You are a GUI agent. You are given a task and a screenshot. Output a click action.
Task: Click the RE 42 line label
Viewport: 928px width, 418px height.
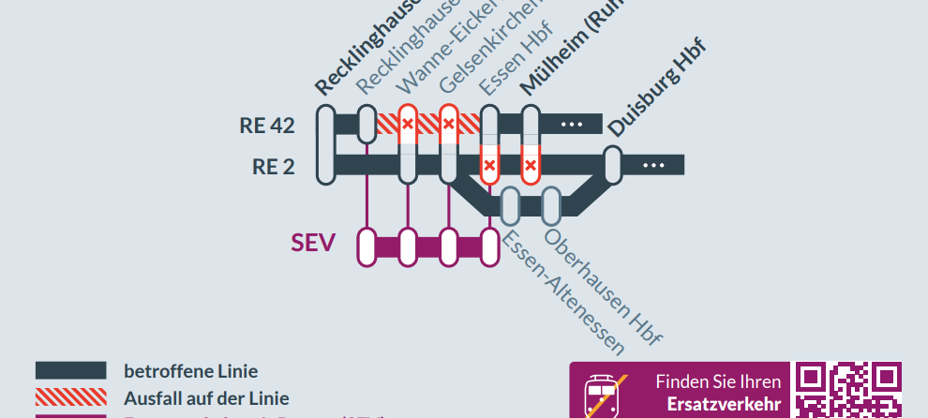pos(267,126)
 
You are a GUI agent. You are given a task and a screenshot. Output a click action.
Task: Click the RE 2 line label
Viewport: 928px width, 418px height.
pos(273,167)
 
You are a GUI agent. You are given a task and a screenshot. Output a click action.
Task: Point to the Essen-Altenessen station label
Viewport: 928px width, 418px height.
pos(562,292)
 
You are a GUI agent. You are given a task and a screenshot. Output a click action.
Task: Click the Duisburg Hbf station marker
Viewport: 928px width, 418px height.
pos(613,165)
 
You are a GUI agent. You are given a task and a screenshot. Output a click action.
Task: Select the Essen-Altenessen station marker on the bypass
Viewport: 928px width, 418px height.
pos(511,205)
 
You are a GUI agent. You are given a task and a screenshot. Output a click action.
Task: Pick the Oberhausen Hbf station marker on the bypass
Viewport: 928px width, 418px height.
pos(551,205)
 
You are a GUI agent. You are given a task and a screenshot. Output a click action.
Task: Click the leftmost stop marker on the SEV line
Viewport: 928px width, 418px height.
pos(367,246)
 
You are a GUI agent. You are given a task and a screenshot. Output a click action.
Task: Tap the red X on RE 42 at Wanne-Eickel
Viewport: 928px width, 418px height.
pos(408,124)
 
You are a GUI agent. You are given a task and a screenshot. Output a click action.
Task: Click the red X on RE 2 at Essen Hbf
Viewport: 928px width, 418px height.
pos(489,167)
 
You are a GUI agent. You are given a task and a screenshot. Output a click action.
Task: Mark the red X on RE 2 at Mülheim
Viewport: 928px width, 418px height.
pos(531,167)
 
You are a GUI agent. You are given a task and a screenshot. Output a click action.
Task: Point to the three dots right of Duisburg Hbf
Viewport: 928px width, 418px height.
pos(654,166)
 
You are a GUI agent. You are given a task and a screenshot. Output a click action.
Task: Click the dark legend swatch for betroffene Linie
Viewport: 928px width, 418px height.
pos(70,370)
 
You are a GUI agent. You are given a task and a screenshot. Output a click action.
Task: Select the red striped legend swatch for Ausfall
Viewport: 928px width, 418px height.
pos(70,397)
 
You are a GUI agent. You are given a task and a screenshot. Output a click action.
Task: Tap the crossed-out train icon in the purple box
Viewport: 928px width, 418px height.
pos(602,395)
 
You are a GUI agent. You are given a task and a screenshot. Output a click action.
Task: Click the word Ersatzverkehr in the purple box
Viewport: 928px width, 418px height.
pos(724,404)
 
